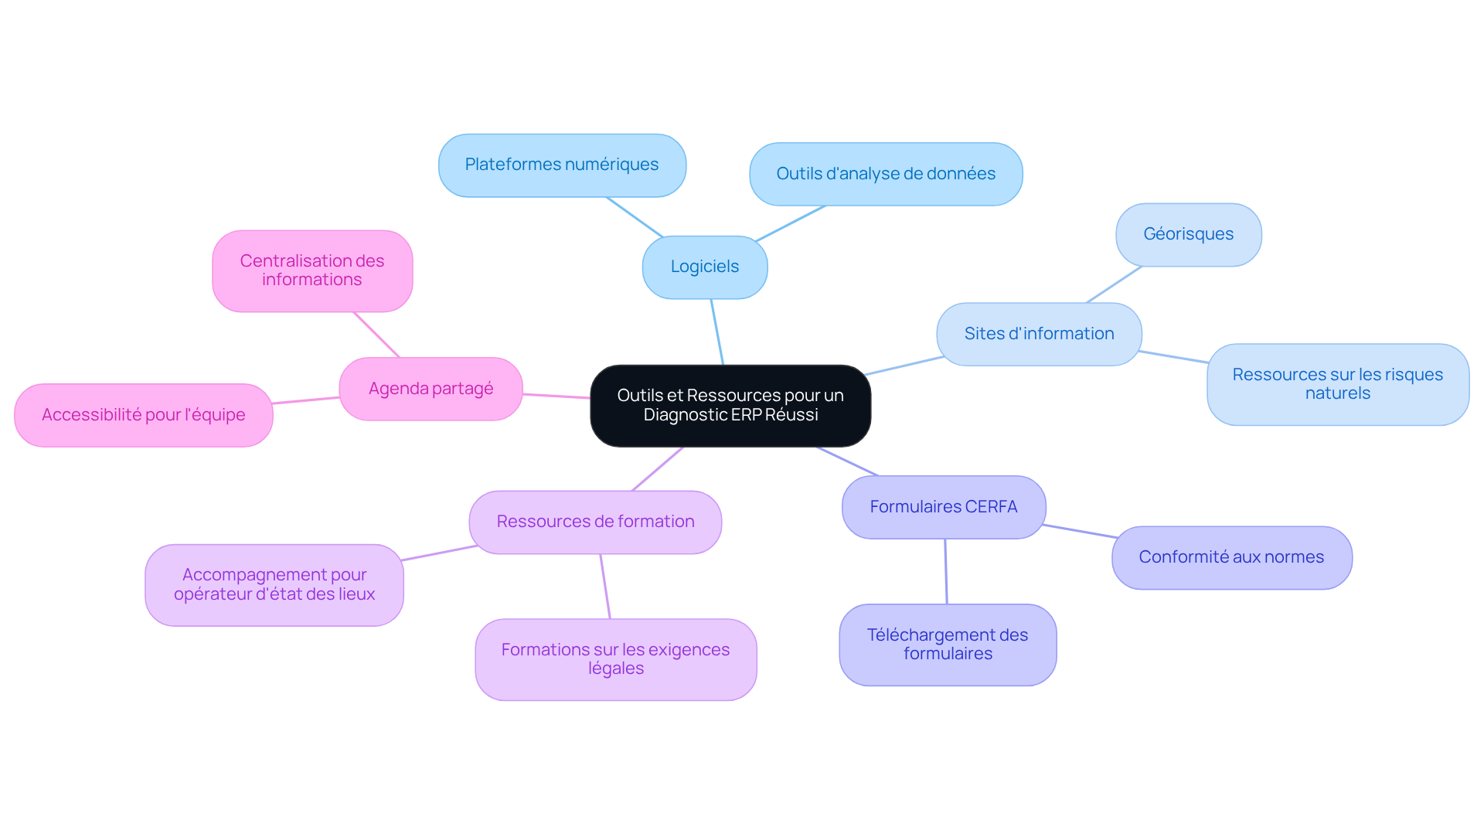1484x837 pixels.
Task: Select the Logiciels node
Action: [704, 267]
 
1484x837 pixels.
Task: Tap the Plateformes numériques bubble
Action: [562, 165]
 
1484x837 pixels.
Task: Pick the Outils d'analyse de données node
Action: [886, 174]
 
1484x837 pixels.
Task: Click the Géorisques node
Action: [1188, 234]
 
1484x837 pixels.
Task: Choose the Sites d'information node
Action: [1039, 334]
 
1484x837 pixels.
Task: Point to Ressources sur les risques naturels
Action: [1337, 384]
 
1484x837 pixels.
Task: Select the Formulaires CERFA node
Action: [943, 507]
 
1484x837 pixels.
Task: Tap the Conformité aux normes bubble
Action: [1231, 557]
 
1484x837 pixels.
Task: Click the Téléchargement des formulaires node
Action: [948, 645]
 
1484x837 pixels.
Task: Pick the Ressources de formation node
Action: [595, 522]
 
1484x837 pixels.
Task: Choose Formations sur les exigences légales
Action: [615, 659]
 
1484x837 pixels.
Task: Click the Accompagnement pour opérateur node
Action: [274, 585]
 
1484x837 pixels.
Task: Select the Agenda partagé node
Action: [431, 389]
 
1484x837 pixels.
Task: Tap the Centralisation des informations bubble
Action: [312, 270]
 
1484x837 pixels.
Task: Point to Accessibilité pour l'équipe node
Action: [144, 415]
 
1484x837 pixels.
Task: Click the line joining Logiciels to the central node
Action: [717, 332]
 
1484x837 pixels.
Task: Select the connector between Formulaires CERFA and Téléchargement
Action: [946, 572]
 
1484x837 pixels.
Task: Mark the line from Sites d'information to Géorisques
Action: [1114, 284]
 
